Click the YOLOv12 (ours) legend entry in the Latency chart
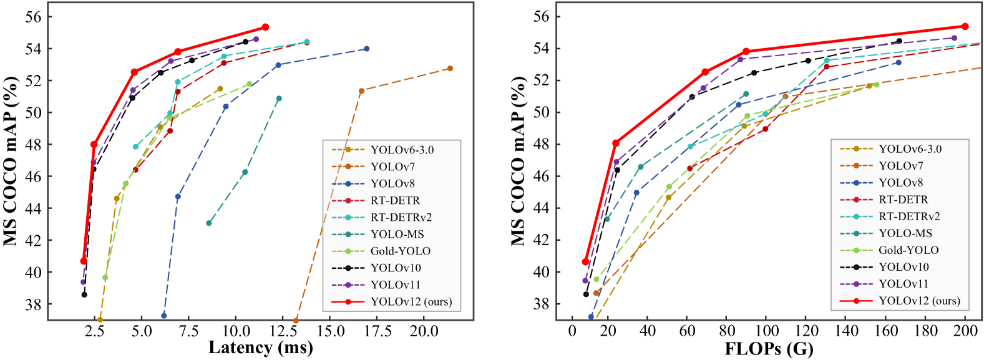pos(411,302)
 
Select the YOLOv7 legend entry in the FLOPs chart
pos(901,166)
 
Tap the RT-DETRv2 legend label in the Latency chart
pos(401,217)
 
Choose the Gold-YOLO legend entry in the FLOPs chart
pos(908,250)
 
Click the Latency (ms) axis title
pos(260,348)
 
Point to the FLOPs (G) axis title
pos(769,348)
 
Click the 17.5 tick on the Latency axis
pos(378,331)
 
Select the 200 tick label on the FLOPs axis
pos(965,331)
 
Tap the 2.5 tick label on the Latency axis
pos(95,331)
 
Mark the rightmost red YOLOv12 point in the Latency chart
pos(265,27)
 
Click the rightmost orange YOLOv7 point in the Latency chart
pos(450,69)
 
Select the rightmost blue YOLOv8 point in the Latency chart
pos(366,49)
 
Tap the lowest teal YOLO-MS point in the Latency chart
pos(209,223)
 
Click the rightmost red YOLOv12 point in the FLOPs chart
pos(965,26)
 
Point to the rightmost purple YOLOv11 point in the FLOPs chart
pos(954,38)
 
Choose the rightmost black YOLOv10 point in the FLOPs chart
pos(899,41)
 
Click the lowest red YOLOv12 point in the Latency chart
pos(84,261)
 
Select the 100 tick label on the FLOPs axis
pos(769,331)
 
